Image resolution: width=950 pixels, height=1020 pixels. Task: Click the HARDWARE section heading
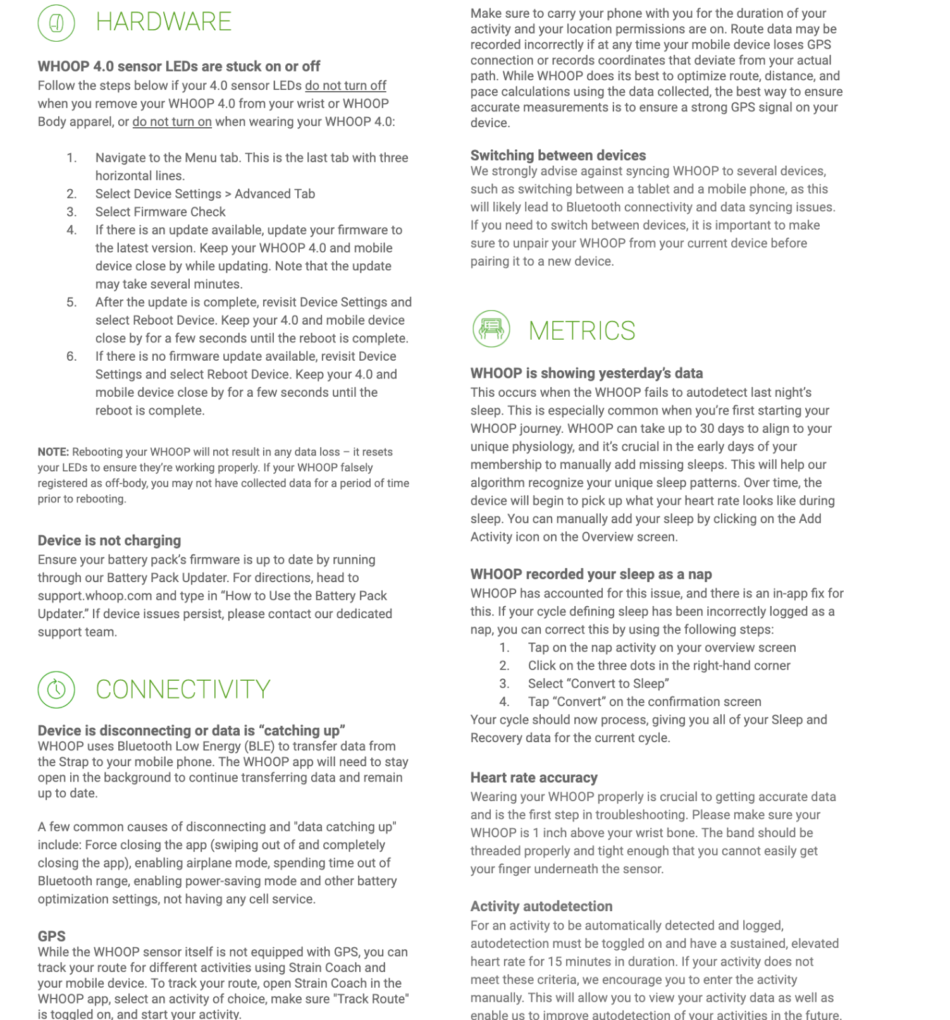(163, 22)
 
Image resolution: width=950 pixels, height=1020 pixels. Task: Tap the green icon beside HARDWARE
(56, 23)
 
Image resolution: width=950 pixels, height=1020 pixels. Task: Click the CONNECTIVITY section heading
(183, 690)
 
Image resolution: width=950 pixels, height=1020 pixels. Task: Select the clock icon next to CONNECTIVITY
(56, 689)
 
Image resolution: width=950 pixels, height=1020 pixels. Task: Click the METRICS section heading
(582, 331)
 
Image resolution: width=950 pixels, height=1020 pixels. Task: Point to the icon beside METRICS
(491, 329)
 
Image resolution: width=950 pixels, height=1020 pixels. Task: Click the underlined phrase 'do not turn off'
(345, 85)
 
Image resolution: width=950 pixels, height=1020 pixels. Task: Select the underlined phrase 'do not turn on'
(171, 121)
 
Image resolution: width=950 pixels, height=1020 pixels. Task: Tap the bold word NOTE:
(53, 452)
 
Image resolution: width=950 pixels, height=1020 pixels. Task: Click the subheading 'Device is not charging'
(109, 540)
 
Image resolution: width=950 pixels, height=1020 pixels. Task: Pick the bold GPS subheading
(51, 936)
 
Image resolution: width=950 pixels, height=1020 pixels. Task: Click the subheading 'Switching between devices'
(558, 155)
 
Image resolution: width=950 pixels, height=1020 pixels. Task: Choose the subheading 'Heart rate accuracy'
(534, 778)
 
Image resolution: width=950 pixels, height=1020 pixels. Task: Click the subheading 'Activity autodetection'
(541, 906)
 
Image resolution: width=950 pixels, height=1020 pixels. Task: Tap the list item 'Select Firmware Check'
(161, 212)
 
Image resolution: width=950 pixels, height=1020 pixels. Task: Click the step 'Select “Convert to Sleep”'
(598, 683)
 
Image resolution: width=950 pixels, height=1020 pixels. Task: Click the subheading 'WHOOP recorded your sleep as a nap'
(591, 574)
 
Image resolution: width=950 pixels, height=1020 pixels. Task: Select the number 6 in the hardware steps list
(71, 356)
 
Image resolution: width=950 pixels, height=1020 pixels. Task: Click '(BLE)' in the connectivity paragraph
(257, 746)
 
